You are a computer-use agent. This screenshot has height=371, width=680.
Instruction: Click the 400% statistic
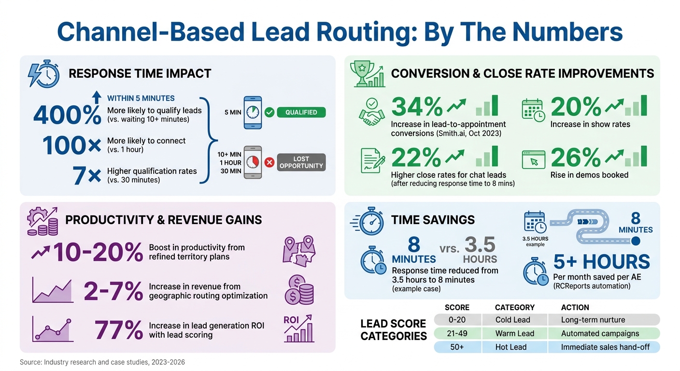pos(67,114)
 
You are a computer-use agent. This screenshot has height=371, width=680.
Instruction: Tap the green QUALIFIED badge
pos(301,113)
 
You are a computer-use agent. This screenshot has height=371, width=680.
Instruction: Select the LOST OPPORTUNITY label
pos(301,162)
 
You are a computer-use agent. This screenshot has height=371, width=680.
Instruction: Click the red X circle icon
pos(269,162)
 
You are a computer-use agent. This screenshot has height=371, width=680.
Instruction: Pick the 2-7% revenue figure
pos(113,291)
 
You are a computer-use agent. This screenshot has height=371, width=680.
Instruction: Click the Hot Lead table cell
pos(511,347)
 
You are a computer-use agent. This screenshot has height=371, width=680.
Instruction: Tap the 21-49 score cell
pos(457,333)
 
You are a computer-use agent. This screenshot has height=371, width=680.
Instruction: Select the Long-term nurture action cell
pos(593,320)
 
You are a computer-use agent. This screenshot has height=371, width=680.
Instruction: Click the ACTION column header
pos(575,307)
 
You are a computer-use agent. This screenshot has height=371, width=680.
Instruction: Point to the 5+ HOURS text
pos(601,262)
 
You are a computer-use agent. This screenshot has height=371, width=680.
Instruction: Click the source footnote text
pos(102,362)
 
